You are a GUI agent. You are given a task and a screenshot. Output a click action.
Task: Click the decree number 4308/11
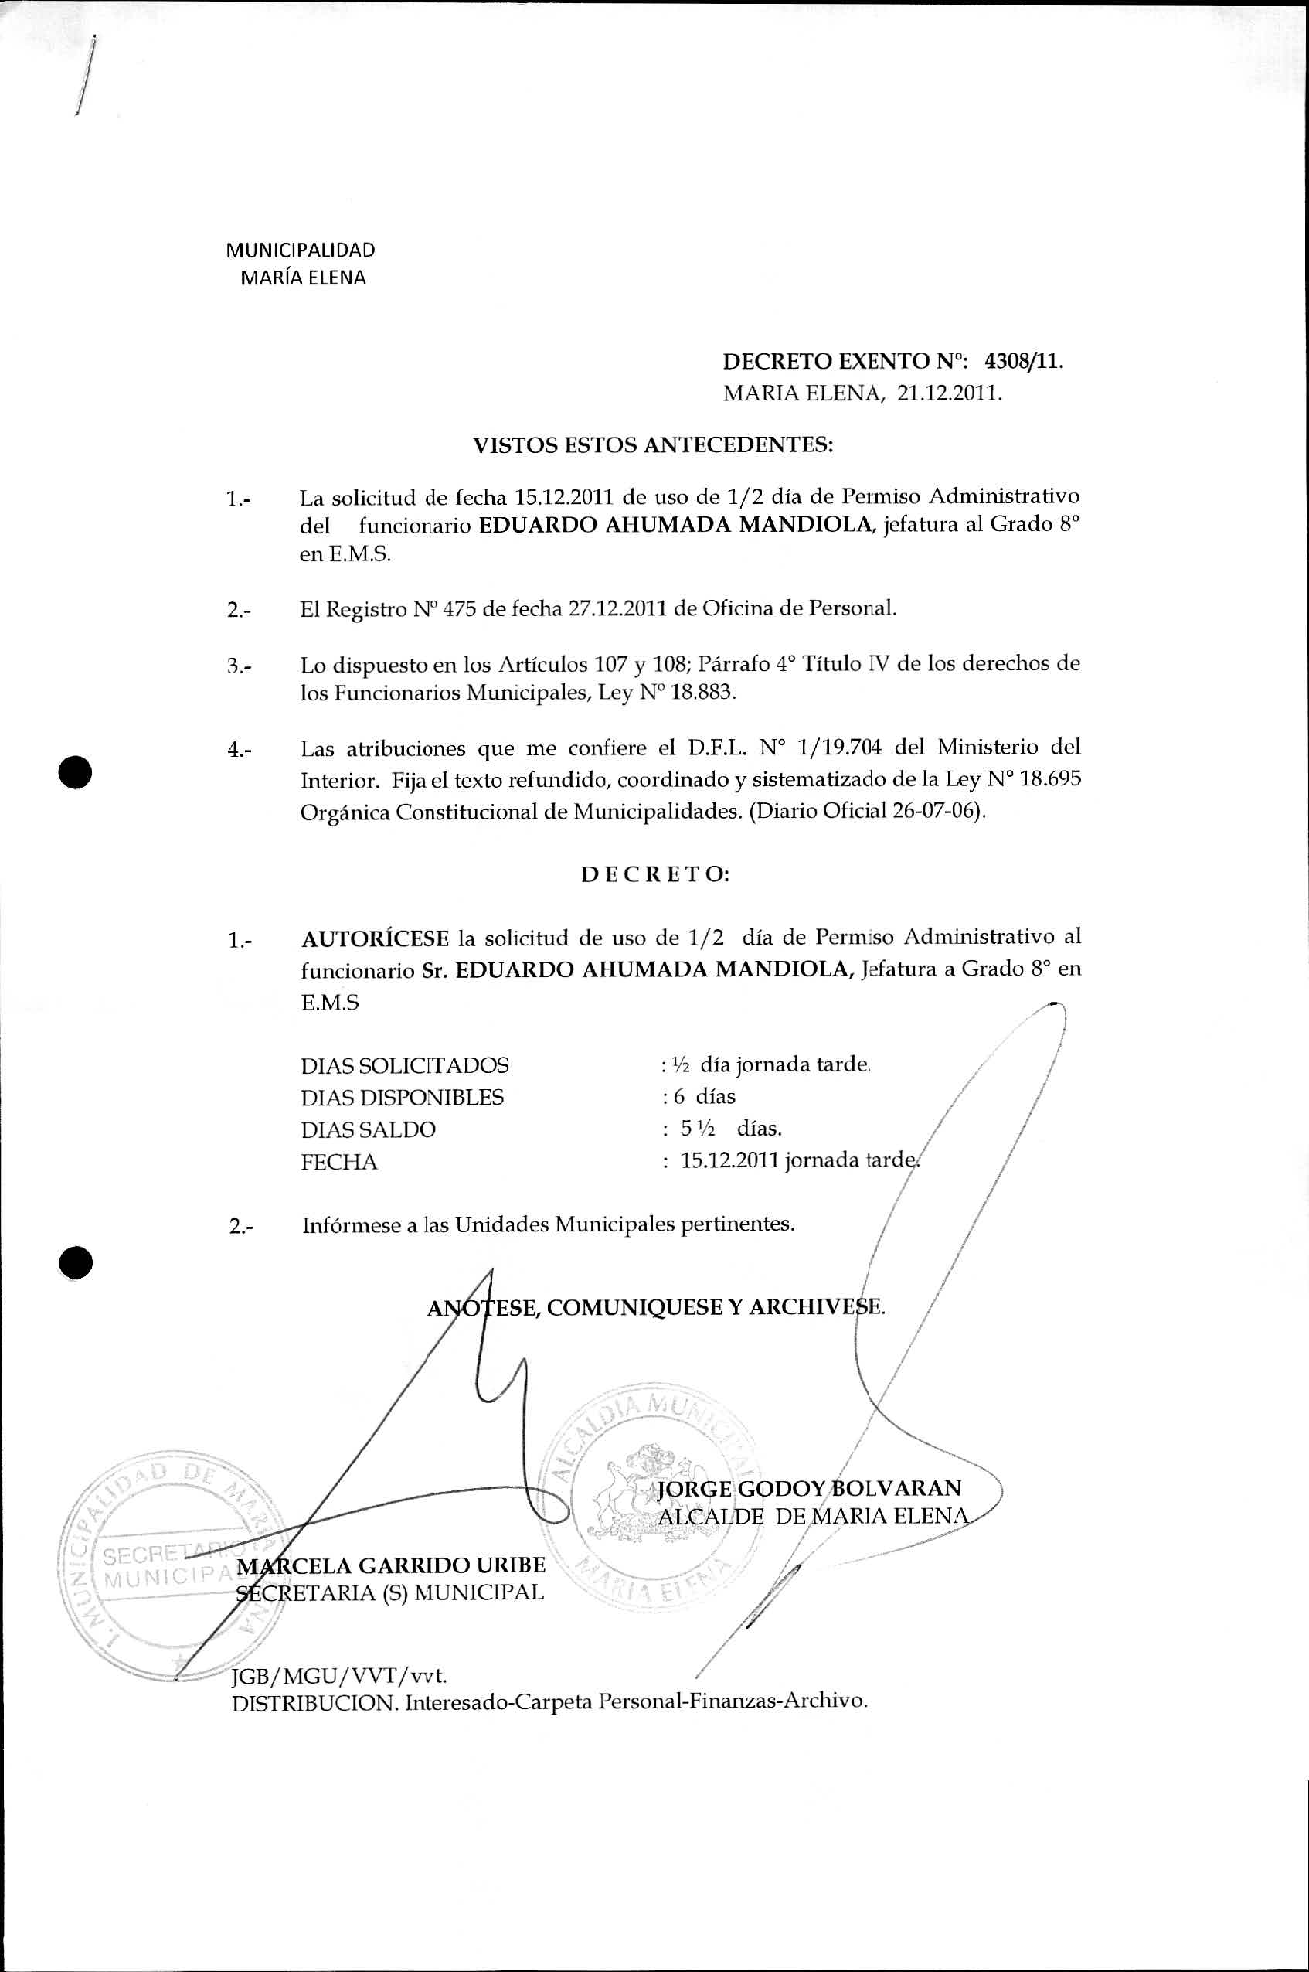tap(1024, 362)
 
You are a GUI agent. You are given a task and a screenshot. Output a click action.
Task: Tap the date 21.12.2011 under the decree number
tap(948, 393)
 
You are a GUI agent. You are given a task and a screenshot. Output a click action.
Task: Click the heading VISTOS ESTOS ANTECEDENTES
tap(654, 445)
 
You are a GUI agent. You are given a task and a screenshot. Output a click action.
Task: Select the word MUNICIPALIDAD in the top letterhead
tap(301, 250)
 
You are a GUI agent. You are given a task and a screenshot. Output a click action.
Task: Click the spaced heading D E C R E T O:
tap(654, 875)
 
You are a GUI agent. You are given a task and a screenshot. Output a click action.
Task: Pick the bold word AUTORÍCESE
tap(375, 938)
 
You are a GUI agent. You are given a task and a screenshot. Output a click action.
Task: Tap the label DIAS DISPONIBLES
tap(403, 1097)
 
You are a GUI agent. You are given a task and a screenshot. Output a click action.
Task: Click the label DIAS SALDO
tap(368, 1129)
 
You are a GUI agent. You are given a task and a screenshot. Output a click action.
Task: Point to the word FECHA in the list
tap(339, 1162)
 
